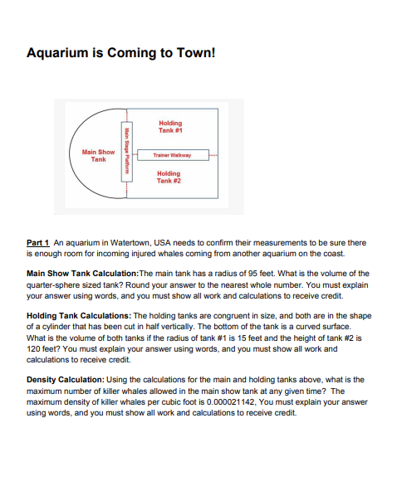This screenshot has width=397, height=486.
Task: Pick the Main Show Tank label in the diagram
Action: [x=99, y=155]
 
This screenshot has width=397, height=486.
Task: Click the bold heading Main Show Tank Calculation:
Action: [x=82, y=272]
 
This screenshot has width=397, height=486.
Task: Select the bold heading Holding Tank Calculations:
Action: [x=78, y=316]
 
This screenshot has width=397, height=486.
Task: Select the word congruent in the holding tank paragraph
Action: [x=204, y=316]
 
